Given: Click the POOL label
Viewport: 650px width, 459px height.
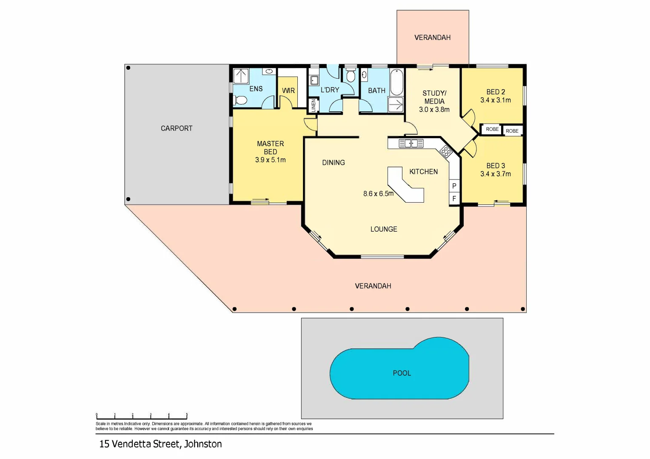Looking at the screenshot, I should point(402,373).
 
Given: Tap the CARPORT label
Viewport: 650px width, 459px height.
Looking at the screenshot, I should point(177,128).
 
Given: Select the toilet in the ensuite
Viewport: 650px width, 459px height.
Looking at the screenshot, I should point(240,100).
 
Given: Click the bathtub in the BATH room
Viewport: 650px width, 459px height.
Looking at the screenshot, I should point(396,82).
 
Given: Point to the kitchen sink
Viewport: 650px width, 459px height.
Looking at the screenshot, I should point(411,144).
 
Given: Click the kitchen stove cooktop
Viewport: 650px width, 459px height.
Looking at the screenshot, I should point(445,151).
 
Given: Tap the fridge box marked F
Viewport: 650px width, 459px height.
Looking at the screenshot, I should point(454,198).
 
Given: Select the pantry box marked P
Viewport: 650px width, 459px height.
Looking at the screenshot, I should point(454,186).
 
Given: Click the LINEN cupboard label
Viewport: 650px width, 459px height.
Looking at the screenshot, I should point(314,105).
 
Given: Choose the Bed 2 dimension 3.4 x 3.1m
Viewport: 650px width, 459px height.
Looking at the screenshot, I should point(496,100).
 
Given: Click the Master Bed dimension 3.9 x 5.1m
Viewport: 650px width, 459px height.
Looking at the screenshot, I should point(270,160).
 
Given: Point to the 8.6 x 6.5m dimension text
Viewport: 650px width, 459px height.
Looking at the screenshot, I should point(378,193).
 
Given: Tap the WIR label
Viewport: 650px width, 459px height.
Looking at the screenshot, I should point(288,91).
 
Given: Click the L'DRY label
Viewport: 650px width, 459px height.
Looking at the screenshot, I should point(330,90).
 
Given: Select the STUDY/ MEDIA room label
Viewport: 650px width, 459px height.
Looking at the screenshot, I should point(434,97).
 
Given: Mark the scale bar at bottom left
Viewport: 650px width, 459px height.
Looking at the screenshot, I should point(142,416).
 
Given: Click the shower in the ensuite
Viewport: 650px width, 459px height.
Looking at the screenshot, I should point(242,76).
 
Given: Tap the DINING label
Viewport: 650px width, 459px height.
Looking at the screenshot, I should point(334,162).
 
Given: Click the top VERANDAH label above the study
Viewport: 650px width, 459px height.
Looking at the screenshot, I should point(432,37).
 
